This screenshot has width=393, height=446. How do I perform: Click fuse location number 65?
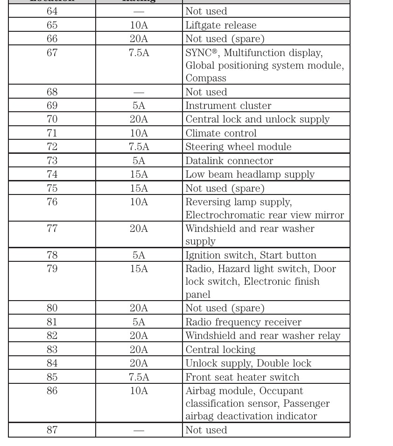click(x=52, y=25)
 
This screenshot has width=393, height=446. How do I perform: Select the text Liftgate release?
click(x=221, y=25)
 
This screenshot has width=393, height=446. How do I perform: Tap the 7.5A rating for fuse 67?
click(x=139, y=53)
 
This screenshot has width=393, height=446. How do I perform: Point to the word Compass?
click(x=206, y=78)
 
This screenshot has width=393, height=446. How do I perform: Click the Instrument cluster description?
click(x=228, y=106)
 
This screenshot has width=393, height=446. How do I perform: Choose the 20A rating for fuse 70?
click(x=139, y=119)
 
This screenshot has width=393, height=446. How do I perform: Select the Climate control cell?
click(x=221, y=133)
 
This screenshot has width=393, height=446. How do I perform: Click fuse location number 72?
click(x=52, y=147)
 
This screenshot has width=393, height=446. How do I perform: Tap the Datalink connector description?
click(x=229, y=161)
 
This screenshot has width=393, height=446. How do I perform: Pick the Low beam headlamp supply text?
click(x=250, y=174)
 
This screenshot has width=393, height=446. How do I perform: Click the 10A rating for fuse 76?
click(x=139, y=202)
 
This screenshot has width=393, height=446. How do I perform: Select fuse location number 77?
click(x=52, y=229)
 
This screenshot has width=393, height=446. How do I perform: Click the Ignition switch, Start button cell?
click(x=251, y=255)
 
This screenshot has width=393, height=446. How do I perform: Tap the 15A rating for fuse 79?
click(x=139, y=269)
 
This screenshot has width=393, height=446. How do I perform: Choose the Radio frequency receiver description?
click(x=243, y=322)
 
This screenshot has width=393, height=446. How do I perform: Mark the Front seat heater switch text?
click(x=242, y=377)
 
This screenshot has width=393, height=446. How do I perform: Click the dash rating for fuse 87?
click(x=139, y=430)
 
